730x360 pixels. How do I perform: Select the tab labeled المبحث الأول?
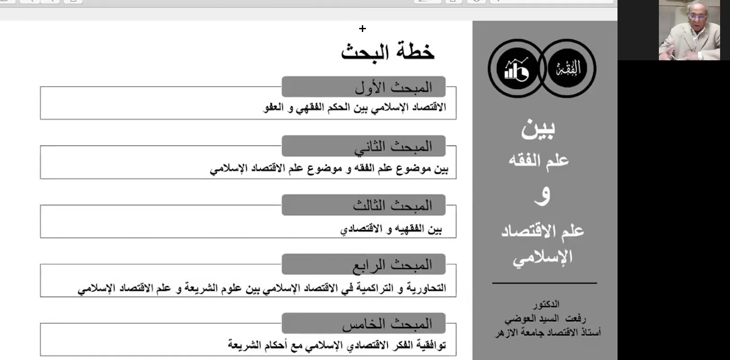(364, 87)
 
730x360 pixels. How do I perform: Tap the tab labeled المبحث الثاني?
(364, 146)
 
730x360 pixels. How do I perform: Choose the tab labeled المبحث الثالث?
(364, 205)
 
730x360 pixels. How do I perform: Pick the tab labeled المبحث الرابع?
(364, 265)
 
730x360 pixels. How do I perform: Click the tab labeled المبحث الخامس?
(364, 324)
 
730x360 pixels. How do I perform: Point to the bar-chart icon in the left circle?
(516, 68)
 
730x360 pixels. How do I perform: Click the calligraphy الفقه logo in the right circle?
(568, 68)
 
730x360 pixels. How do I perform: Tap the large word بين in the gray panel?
(538, 129)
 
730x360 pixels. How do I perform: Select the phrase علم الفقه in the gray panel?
(539, 160)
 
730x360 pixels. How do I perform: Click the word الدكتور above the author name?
(546, 305)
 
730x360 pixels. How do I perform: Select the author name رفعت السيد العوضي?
(545, 319)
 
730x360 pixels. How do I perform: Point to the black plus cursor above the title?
(362, 29)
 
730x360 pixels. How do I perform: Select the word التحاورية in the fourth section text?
(426, 288)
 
